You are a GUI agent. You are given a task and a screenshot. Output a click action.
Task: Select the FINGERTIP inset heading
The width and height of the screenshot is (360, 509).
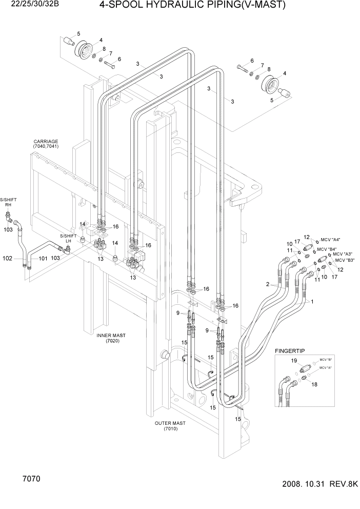[x=290, y=350]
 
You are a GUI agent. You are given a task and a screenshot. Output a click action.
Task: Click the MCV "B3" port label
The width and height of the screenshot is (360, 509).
[x=345, y=260]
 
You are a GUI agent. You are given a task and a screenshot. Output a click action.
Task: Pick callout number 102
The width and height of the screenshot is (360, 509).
[x=7, y=258]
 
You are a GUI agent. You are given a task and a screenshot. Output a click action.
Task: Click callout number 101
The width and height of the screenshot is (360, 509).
[x=43, y=258]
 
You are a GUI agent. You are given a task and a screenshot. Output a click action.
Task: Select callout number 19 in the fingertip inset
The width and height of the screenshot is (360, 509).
[x=294, y=361]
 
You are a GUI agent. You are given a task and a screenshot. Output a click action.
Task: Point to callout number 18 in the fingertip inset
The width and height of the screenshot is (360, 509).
[x=315, y=384]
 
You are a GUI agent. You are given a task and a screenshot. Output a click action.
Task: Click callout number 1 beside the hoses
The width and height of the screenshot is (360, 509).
[x=311, y=302]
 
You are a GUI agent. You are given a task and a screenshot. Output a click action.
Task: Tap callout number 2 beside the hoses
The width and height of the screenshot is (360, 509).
[x=267, y=284]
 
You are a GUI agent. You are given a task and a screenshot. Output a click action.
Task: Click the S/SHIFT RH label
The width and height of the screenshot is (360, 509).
[x=8, y=201]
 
